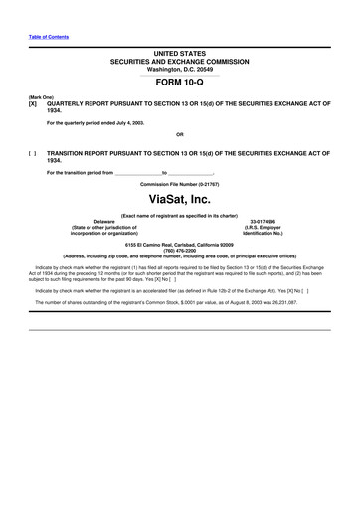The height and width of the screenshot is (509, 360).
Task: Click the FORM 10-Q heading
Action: click(x=180, y=84)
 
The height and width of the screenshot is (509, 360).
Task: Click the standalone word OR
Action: click(x=180, y=135)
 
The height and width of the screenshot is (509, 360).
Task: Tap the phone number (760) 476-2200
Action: click(x=180, y=249)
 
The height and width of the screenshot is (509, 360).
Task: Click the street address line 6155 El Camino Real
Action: click(x=180, y=243)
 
